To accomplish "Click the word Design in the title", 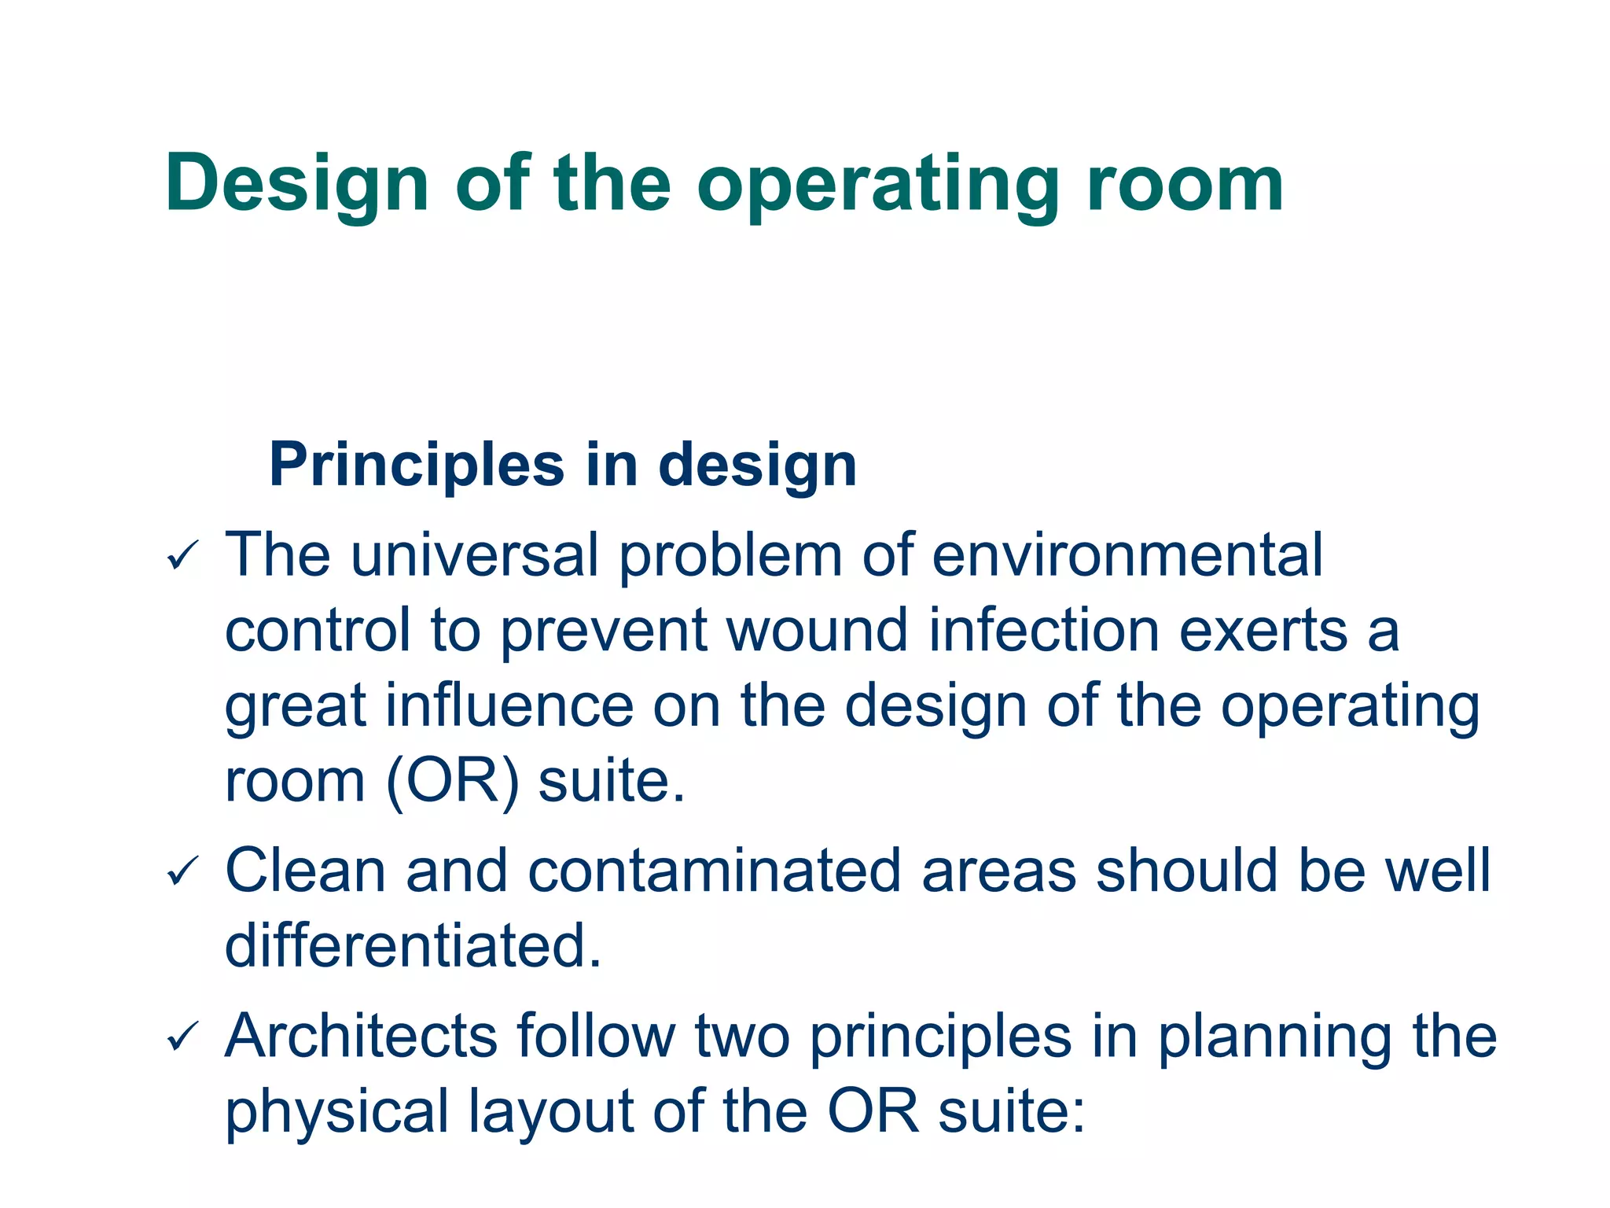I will [296, 185].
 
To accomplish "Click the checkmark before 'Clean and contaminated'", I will [182, 872].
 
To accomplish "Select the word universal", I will [474, 555].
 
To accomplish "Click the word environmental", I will [1127, 555].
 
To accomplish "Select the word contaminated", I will [714, 871].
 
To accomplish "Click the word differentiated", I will [412, 945].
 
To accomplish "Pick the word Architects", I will [361, 1036].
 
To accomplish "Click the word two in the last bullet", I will [742, 1036].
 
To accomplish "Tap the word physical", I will [336, 1112].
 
